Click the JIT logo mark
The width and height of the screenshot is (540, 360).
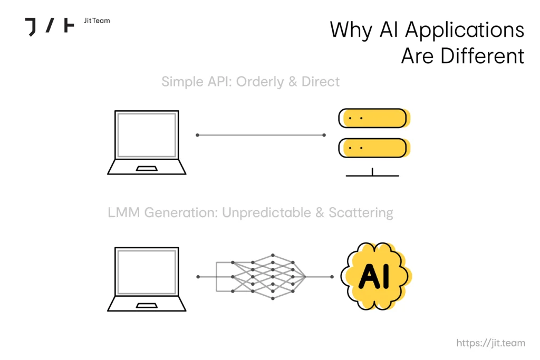pyautogui.click(x=50, y=27)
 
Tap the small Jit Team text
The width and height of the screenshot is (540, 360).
pyautogui.click(x=97, y=21)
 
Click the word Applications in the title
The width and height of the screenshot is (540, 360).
pyautogui.click(x=465, y=30)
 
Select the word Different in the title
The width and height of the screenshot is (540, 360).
pyautogui.click(x=483, y=56)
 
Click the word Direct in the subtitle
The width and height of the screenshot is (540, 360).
pyautogui.click(x=320, y=82)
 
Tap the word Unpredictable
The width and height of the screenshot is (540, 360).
pyautogui.click(x=266, y=213)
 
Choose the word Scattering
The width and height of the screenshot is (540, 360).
pyautogui.click(x=361, y=213)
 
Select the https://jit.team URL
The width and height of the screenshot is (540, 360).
pyautogui.click(x=491, y=343)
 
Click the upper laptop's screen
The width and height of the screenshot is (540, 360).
pyautogui.click(x=147, y=135)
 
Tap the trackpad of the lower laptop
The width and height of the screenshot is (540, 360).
pyautogui.click(x=147, y=305)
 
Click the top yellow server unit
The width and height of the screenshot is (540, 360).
pyautogui.click(x=374, y=118)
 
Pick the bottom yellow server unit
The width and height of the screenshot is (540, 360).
pyautogui.click(x=374, y=148)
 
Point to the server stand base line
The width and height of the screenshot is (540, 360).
pyautogui.click(x=372, y=176)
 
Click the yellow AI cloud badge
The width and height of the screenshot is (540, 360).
pyautogui.click(x=376, y=276)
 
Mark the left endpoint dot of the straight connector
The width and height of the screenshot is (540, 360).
pyautogui.click(x=197, y=135)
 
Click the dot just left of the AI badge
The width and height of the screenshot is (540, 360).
pyautogui.click(x=332, y=277)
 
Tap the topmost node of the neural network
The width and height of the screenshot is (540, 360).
pyautogui.click(x=273, y=255)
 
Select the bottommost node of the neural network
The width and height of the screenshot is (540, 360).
pyautogui.click(x=273, y=298)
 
